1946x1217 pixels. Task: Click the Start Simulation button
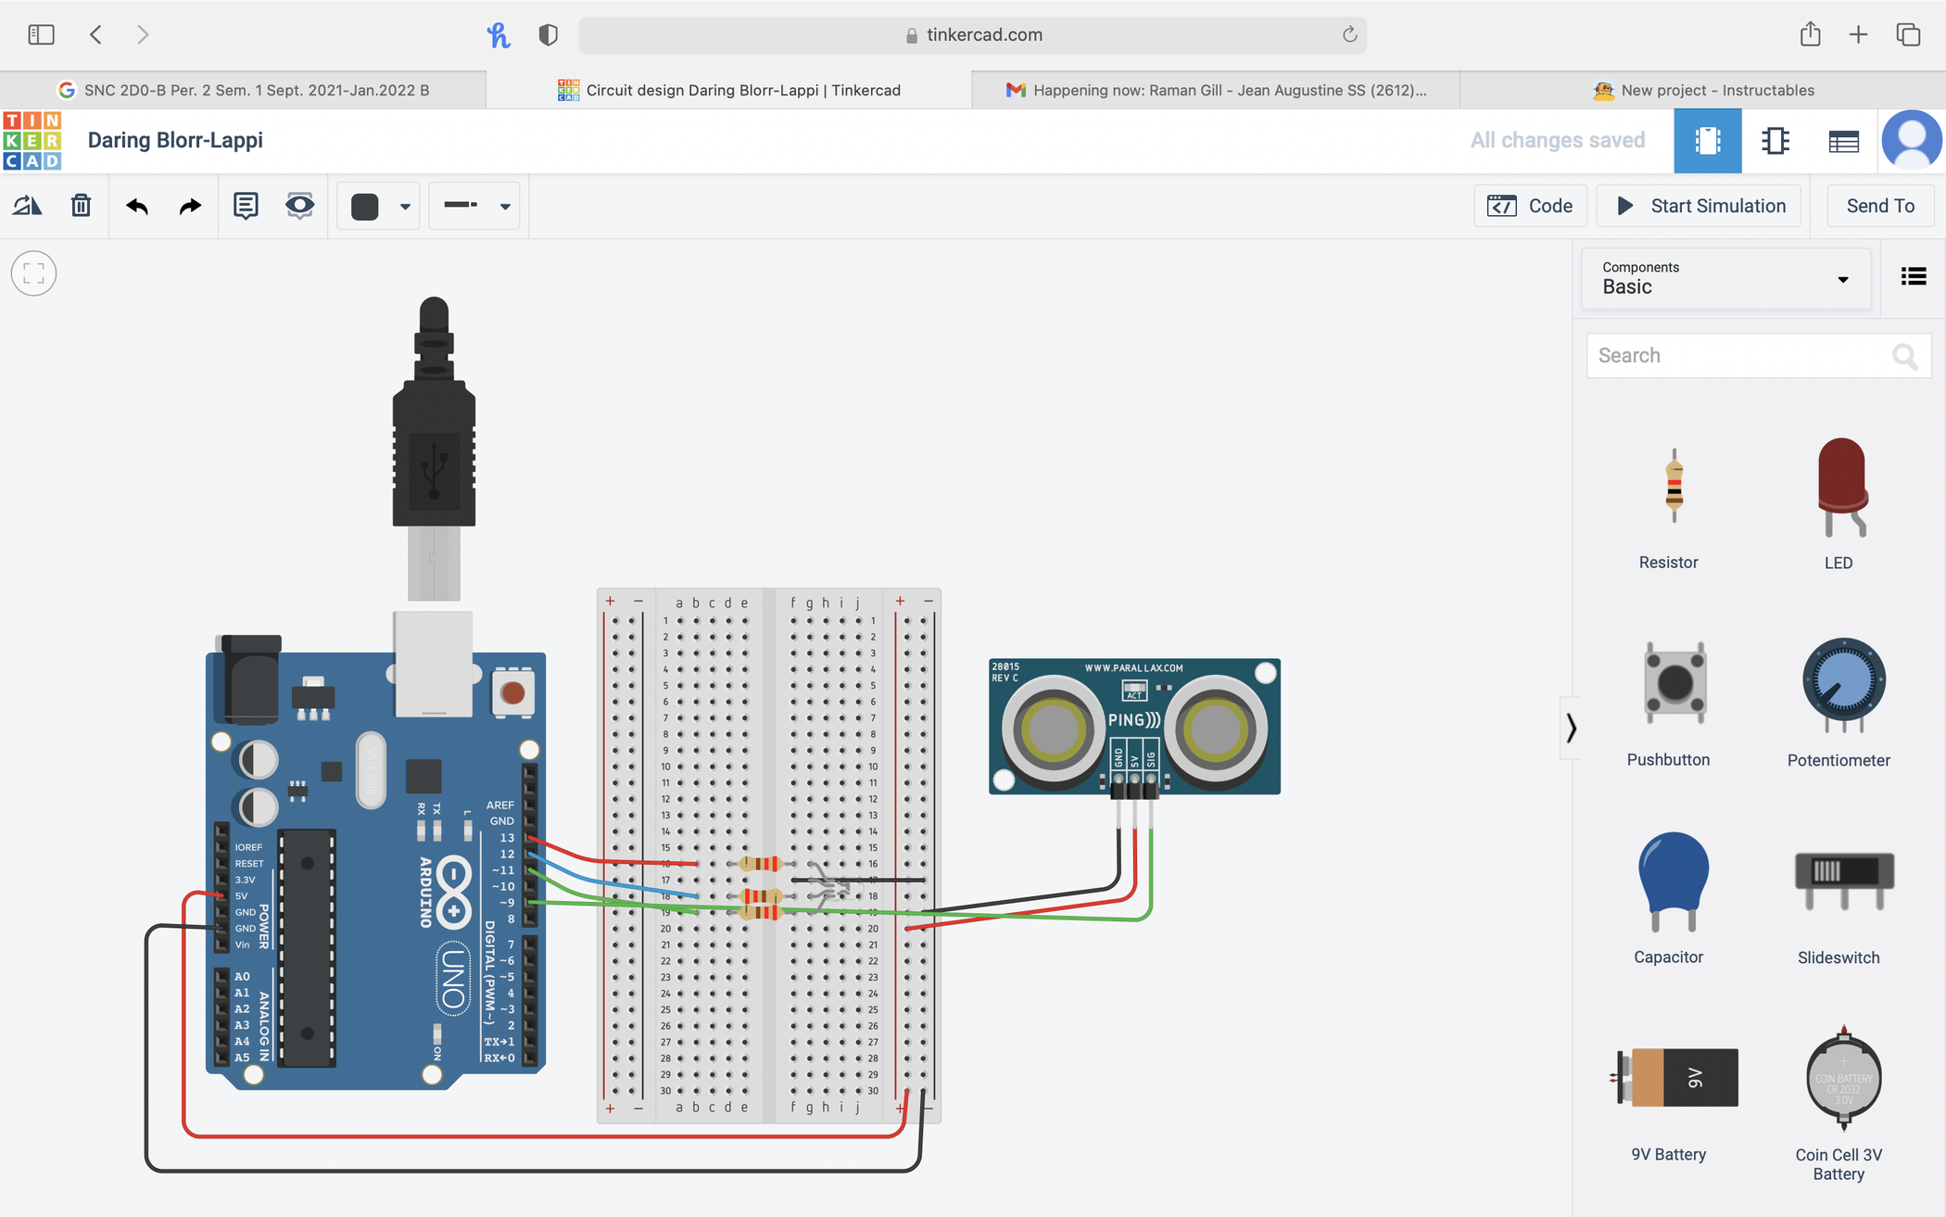pyautogui.click(x=1699, y=206)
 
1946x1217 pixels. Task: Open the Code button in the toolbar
pyautogui.click(x=1530, y=206)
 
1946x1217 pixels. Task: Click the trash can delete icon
pyautogui.click(x=81, y=205)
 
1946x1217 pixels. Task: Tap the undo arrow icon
pyautogui.click(x=137, y=205)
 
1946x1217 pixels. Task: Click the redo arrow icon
pyautogui.click(x=190, y=205)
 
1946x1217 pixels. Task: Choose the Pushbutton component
pyautogui.click(x=1673, y=683)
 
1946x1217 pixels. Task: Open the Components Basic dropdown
pyautogui.click(x=1725, y=278)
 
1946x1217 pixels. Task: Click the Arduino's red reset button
pyautogui.click(x=512, y=692)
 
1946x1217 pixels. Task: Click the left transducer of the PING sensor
pyautogui.click(x=1051, y=729)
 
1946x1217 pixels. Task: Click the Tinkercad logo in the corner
pyautogui.click(x=32, y=141)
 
